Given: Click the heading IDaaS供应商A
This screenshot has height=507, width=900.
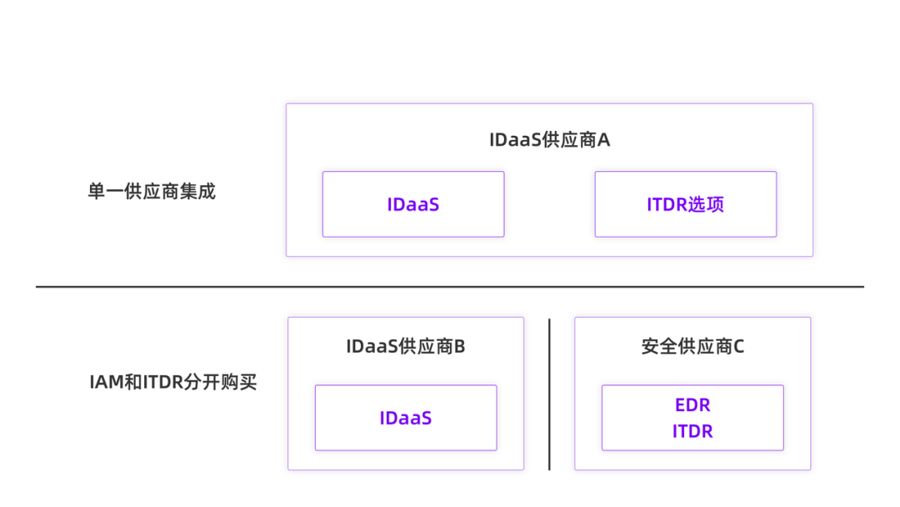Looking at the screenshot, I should click(x=549, y=140).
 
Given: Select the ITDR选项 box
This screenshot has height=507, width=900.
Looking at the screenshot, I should click(x=685, y=204).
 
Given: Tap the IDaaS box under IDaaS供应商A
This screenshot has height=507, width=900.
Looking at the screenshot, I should click(x=412, y=204).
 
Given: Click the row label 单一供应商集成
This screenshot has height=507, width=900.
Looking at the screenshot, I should click(x=151, y=191).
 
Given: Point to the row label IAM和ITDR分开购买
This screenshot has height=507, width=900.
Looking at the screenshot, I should click(x=172, y=383).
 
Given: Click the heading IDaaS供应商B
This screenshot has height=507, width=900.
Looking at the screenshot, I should click(x=405, y=346).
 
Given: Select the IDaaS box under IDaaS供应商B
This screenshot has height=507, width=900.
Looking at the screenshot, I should click(x=405, y=418).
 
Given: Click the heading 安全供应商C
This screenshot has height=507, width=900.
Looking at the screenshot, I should click(x=692, y=346).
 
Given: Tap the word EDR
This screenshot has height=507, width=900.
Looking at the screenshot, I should click(x=692, y=405).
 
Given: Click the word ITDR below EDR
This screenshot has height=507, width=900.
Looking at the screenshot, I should click(x=692, y=432).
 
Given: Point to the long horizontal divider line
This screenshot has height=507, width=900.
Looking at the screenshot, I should click(x=450, y=287).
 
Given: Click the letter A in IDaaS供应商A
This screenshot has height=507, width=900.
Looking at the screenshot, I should click(x=603, y=140).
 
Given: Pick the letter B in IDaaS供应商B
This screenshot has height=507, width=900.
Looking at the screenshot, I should click(x=459, y=346).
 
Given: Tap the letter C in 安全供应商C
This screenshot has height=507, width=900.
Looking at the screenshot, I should click(x=737, y=346).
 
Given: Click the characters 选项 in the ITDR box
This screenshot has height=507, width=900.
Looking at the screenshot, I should click(x=706, y=204).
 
